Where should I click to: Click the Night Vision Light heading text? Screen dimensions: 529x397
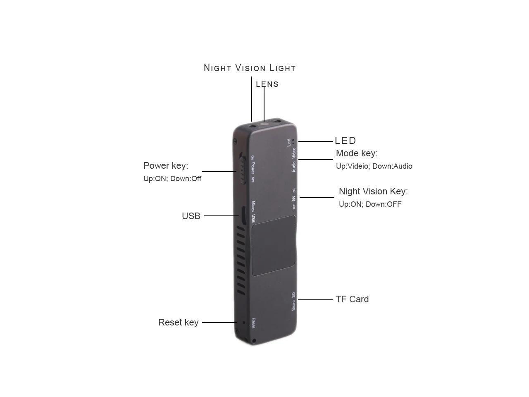[x=250, y=68]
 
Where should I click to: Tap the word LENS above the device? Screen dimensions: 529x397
[x=267, y=84]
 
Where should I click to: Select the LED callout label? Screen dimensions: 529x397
[x=345, y=141]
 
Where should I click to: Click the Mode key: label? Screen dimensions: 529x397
[x=357, y=153]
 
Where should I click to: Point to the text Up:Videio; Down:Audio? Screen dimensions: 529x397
[x=374, y=166]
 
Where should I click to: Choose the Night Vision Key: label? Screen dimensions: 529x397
[x=373, y=191]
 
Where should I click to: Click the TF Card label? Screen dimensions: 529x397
[x=352, y=299]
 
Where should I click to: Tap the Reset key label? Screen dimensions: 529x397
[x=179, y=323]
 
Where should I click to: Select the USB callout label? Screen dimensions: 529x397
[x=191, y=216]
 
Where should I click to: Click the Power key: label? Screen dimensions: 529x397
[x=166, y=166]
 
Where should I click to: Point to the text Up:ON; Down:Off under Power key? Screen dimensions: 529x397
[x=172, y=179]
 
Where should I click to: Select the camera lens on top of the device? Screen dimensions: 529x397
[x=265, y=123]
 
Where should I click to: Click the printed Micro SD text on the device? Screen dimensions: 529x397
[x=293, y=301]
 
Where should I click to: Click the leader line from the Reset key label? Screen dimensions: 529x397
[x=219, y=323]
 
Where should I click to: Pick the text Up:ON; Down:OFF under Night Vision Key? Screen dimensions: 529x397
[x=370, y=204]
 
